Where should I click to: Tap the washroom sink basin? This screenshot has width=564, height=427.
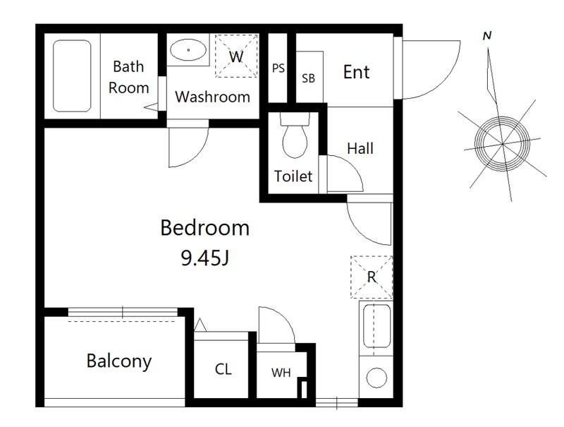point(188,49)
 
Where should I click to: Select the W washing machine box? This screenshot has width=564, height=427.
point(236,56)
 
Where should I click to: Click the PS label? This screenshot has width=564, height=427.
point(278,68)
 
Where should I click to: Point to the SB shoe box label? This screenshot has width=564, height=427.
point(308,78)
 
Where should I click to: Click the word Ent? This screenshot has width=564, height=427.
point(356,72)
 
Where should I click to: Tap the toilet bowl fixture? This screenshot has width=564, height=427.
point(295,137)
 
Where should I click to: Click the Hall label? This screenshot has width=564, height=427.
point(360,148)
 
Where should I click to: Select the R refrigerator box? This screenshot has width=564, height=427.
point(372,277)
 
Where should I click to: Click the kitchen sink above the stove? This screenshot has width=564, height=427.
point(376,326)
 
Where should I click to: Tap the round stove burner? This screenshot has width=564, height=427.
point(376,378)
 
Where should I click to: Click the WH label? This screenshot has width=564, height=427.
point(281,373)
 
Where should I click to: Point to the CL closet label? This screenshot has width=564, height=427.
point(223,369)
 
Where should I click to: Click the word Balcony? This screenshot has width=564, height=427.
point(119,361)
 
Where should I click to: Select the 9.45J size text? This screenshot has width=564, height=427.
point(204,258)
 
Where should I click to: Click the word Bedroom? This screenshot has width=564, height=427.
point(204,228)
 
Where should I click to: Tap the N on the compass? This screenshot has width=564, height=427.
point(487,36)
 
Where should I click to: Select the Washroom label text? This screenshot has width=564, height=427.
point(213,97)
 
